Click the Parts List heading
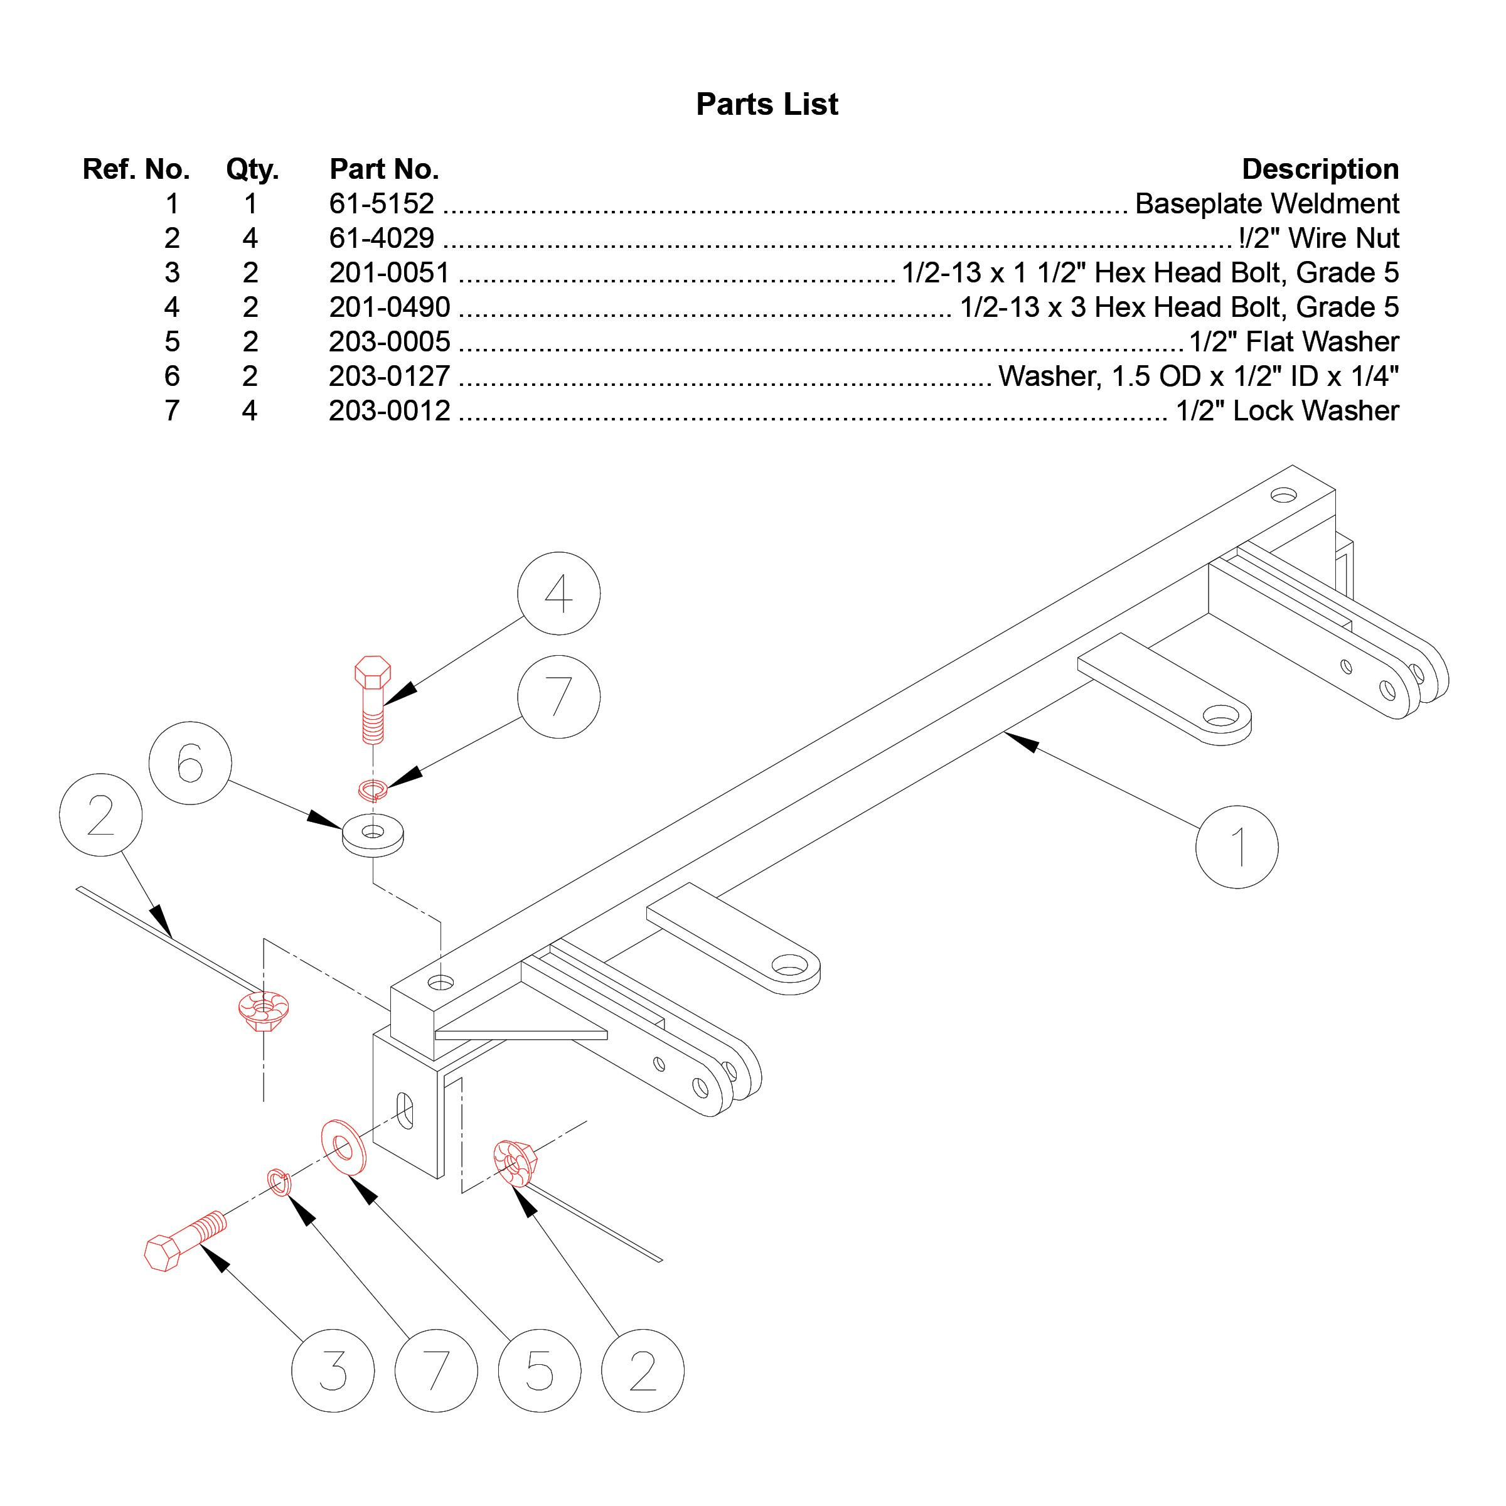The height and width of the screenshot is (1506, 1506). click(x=766, y=104)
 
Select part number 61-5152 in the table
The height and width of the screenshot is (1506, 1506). click(x=381, y=203)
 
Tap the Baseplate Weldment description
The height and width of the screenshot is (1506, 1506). click(x=1266, y=203)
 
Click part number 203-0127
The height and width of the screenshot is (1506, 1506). click(x=389, y=376)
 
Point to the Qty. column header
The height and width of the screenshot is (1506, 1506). click(x=252, y=169)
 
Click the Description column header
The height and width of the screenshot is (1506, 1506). click(x=1319, y=169)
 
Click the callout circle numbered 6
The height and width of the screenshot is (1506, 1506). click(x=190, y=762)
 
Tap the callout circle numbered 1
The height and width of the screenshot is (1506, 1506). click(x=1236, y=846)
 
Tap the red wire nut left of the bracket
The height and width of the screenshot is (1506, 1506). click(x=264, y=1010)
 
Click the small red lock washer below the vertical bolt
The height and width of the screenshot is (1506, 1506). click(x=373, y=789)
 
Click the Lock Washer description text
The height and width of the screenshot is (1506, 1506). click(x=1287, y=411)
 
